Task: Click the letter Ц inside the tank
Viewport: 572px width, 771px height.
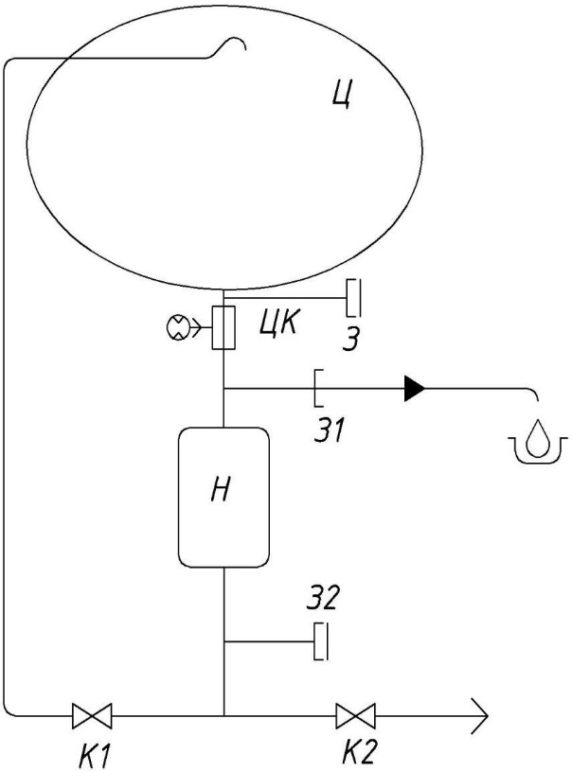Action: (342, 94)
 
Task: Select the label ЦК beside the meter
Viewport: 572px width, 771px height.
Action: (278, 324)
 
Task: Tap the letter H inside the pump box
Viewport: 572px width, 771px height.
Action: (221, 489)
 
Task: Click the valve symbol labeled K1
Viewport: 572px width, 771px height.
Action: (92, 715)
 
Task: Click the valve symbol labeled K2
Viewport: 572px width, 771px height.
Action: (355, 715)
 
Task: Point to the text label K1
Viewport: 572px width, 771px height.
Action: (94, 755)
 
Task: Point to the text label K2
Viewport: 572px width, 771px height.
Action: (360, 752)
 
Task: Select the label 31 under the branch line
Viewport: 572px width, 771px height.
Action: (330, 429)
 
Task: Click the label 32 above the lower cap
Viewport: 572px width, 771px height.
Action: (322, 598)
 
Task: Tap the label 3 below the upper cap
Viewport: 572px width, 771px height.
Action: (351, 339)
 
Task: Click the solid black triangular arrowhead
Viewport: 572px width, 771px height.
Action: (415, 389)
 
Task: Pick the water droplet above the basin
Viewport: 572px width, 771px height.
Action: (534, 438)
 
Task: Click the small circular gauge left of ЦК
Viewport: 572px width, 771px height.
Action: (175, 327)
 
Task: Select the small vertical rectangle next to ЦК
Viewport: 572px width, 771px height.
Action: (223, 327)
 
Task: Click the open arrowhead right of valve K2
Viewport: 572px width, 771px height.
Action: (479, 715)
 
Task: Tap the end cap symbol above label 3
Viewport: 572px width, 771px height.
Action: (354, 298)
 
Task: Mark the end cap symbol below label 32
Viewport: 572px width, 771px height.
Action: (321, 641)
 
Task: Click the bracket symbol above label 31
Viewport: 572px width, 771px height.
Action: (318, 389)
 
